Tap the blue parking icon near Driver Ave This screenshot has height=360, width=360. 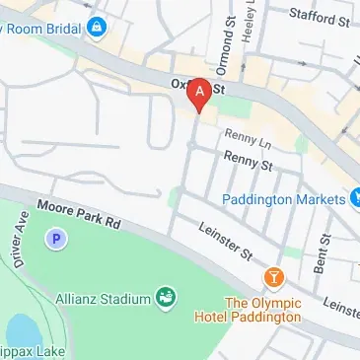click(56, 238)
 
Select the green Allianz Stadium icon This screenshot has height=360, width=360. click(167, 297)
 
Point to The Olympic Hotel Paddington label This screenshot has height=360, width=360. click(262, 310)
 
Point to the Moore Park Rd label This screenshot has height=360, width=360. click(79, 215)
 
